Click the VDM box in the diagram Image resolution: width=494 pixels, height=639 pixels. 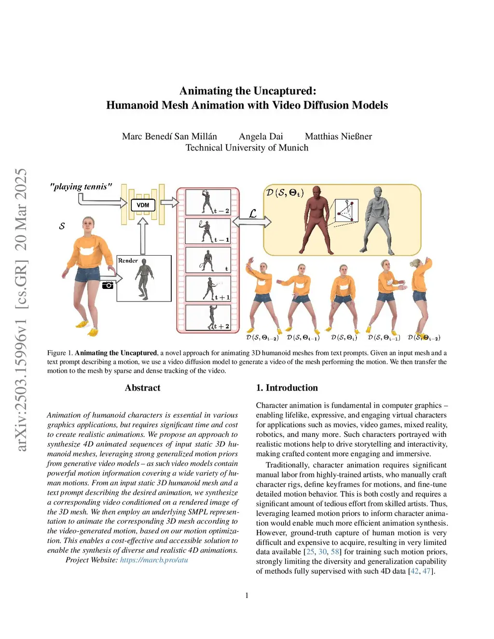pyautogui.click(x=143, y=205)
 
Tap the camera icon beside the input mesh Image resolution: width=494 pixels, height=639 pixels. pyautogui.click(x=108, y=285)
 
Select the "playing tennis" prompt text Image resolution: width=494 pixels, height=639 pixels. pyautogui.click(x=81, y=187)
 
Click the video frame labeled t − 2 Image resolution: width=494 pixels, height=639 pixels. pyautogui.click(x=208, y=202)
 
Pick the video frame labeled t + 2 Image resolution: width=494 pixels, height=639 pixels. pyautogui.click(x=208, y=317)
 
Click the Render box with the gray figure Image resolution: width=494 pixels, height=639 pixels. pyautogui.click(x=144, y=278)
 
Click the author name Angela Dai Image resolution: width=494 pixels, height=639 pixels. pyautogui.click(x=261, y=136)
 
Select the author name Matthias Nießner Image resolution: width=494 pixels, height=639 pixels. pyautogui.click(x=339, y=136)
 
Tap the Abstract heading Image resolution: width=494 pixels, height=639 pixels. pyautogui.click(x=143, y=388)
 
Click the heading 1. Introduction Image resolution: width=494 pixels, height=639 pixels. pyautogui.click(x=287, y=388)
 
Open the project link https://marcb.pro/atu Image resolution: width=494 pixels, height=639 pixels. pyautogui.click(x=154, y=559)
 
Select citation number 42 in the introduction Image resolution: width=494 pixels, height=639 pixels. pyautogui.click(x=414, y=571)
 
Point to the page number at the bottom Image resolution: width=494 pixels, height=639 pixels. pyautogui.click(x=247, y=596)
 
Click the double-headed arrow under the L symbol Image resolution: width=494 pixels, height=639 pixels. pyautogui.click(x=252, y=222)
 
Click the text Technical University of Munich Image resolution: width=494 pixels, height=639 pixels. pyautogui.click(x=247, y=148)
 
